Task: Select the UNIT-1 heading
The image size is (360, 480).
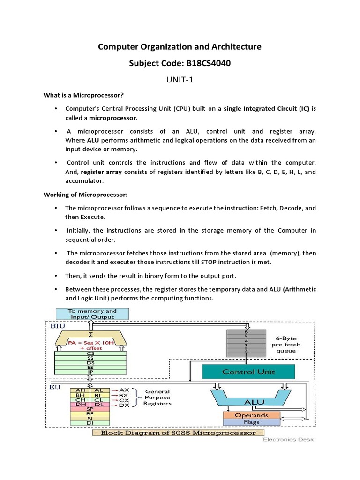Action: click(x=180, y=79)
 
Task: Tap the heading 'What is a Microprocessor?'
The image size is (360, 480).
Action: click(x=83, y=95)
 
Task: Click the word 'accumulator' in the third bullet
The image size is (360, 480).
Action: click(x=84, y=180)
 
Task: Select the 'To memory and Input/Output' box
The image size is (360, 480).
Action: click(x=92, y=314)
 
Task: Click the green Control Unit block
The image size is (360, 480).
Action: click(x=248, y=372)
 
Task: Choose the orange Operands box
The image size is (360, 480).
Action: click(x=252, y=415)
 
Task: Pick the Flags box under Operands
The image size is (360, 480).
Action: click(x=252, y=422)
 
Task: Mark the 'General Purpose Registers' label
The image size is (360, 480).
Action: click(x=157, y=397)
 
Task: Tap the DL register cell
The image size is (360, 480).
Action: click(x=98, y=405)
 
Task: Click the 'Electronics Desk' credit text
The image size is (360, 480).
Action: click(x=288, y=440)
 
